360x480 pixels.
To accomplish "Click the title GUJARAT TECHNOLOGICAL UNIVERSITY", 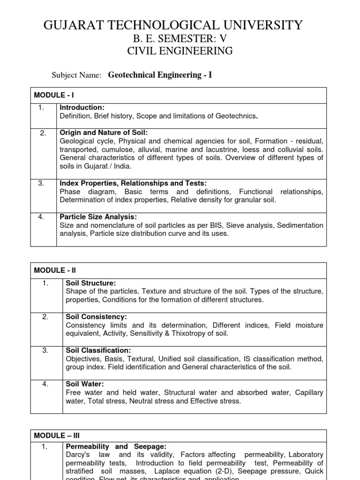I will (173, 25).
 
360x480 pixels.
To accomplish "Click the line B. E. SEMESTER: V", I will (180, 39).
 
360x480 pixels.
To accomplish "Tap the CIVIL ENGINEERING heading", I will (180, 51).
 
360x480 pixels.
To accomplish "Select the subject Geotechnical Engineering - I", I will (160, 75).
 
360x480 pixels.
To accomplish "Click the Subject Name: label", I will (76, 75).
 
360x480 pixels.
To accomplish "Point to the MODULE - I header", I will (51, 95).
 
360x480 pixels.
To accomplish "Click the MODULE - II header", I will (52, 270).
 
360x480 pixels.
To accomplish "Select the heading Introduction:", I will (82, 108).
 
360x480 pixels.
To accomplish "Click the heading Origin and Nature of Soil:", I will (104, 133).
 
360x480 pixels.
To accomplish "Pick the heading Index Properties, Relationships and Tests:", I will (133, 183).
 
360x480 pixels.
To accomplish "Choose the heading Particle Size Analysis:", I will (98, 217).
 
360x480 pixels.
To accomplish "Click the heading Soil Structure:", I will (91, 284).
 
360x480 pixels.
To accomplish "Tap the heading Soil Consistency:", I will (97, 317).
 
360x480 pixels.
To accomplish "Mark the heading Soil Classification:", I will (98, 351).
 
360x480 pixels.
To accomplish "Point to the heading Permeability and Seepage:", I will (116, 447).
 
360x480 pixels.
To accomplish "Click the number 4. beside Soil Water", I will (45, 384).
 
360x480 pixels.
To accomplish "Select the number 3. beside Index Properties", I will (41, 183).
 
